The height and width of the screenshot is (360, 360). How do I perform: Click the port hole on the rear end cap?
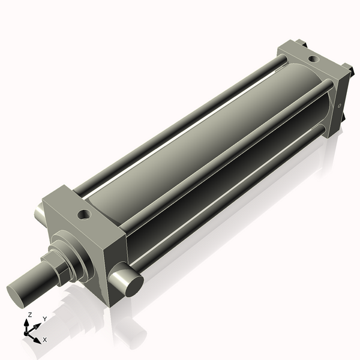312,59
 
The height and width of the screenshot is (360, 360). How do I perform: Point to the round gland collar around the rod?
75,259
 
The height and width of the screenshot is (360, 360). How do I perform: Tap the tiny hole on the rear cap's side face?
340,106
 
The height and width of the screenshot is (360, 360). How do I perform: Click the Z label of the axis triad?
30,314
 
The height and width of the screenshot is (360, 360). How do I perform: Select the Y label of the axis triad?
45,319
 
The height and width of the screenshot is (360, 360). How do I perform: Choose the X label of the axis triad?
44,340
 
